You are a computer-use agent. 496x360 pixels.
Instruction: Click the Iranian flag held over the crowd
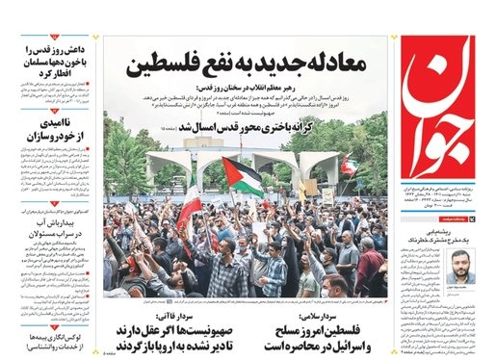coord(190,206)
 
